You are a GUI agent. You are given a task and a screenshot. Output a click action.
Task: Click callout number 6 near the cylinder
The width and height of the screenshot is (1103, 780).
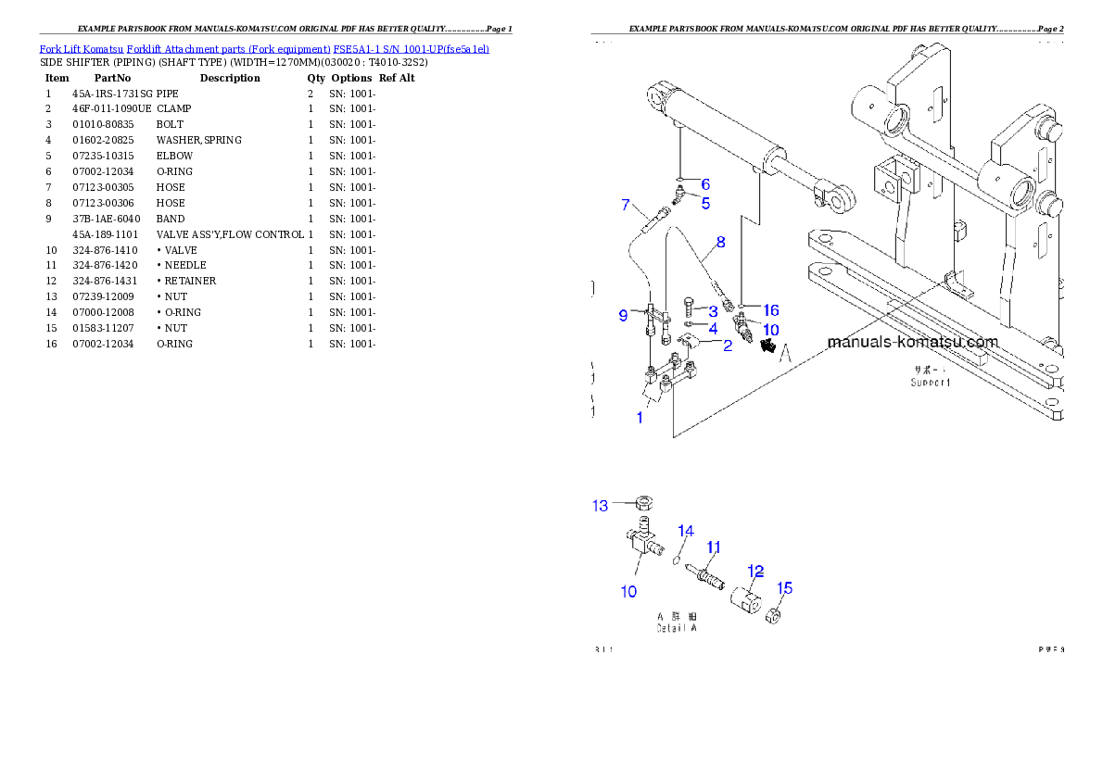705,184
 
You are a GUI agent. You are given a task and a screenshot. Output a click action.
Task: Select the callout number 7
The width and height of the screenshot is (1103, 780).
626,204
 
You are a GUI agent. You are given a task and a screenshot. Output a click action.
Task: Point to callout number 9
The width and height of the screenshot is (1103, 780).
623,316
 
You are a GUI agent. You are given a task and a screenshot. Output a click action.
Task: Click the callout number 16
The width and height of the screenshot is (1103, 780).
770,310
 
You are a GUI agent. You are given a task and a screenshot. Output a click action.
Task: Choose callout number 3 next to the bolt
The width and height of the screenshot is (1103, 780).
713,311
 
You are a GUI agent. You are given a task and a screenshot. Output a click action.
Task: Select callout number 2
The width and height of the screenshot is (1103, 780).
728,346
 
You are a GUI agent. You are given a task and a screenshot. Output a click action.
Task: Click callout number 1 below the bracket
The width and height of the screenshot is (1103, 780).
639,418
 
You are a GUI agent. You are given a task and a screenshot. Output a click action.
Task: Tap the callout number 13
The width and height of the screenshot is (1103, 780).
601,505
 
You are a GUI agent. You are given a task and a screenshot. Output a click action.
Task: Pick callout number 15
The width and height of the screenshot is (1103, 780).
784,587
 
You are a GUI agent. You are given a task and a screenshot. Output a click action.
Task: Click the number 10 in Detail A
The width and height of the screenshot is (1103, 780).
628,591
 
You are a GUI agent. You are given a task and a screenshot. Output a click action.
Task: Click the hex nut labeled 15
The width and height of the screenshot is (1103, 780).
775,613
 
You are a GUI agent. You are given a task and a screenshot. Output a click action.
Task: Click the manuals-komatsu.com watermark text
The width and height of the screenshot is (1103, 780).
912,342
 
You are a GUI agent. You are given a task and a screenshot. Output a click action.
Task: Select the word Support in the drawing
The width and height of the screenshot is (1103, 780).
930,382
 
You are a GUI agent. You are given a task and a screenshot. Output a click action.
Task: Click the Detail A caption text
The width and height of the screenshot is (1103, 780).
676,628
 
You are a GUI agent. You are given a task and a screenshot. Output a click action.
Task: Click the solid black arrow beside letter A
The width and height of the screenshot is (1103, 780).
767,346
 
